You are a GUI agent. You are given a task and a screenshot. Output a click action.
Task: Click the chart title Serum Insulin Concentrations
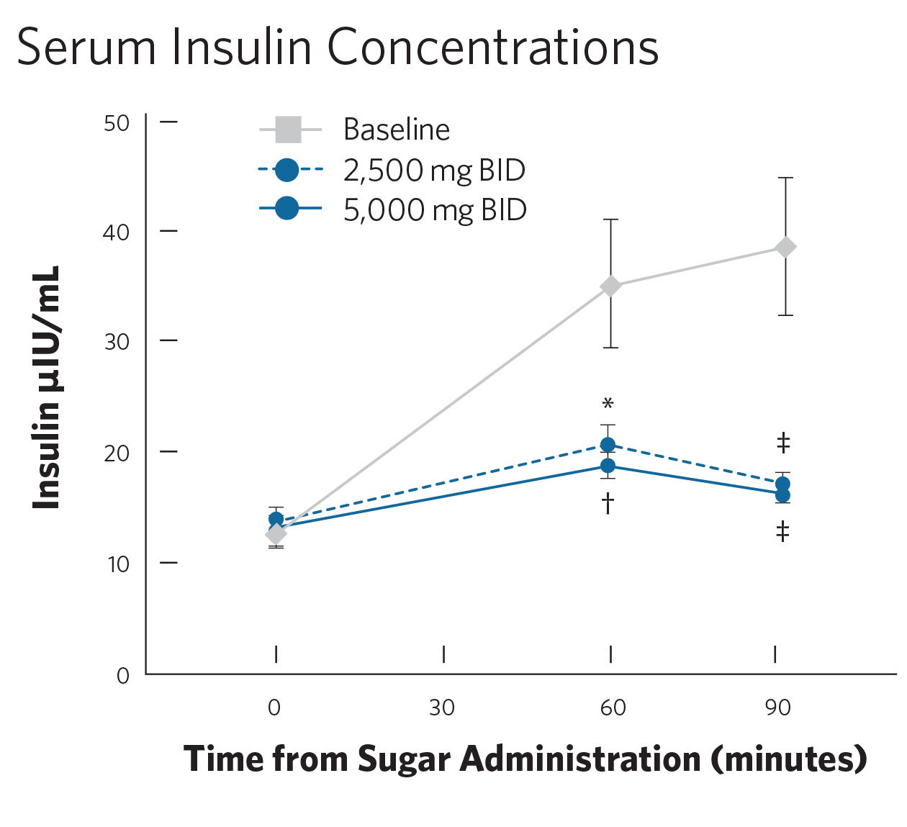pos(337,48)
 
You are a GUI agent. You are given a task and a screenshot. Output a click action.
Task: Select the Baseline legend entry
pos(396,130)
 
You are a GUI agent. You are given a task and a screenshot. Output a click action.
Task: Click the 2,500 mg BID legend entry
pos(433,171)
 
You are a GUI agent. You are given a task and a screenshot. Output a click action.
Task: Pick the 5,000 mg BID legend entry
pos(435,210)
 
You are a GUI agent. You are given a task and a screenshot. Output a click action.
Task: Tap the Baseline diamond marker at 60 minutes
pos(610,286)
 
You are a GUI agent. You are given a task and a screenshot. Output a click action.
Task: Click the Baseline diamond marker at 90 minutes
pos(785,247)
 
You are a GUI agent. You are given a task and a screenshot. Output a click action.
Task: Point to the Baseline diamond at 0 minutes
pos(276,534)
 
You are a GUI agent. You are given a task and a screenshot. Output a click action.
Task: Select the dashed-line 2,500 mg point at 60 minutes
pos(608,445)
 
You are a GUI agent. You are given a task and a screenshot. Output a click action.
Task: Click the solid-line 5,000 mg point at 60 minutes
pos(608,466)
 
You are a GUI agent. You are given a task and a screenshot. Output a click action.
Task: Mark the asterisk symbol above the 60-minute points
pos(608,403)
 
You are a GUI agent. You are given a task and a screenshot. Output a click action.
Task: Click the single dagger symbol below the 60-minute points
pos(608,502)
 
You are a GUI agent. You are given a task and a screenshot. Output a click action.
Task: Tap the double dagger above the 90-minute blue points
pos(783,443)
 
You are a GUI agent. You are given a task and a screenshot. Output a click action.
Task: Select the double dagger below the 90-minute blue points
pos(782,532)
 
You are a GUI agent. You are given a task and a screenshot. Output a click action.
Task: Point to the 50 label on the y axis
pos(117,123)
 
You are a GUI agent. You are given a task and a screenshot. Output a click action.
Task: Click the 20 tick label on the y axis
pos(117,453)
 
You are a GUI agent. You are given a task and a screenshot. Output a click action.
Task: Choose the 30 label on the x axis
pos(442,708)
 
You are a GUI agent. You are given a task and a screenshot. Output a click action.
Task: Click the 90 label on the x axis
pos(778,708)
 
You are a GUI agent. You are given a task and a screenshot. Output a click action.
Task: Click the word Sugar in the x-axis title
pos(404,759)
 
